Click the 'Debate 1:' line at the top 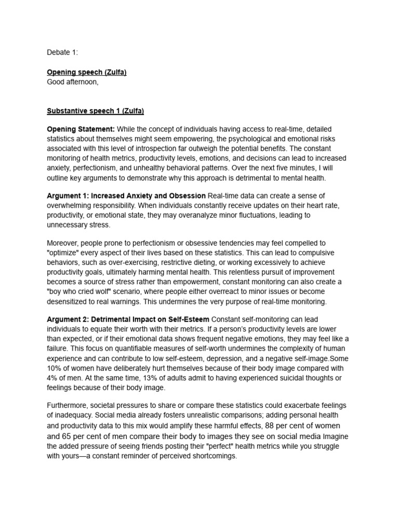tap(62, 52)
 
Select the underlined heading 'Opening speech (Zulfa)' tap(87, 72)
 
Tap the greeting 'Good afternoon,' tap(72, 82)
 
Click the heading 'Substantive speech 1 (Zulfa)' tap(96, 111)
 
